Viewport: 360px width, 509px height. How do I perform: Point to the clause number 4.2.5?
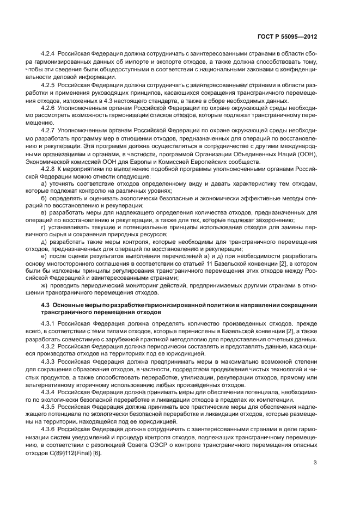point(50,85)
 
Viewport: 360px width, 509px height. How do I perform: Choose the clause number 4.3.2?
point(50,346)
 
